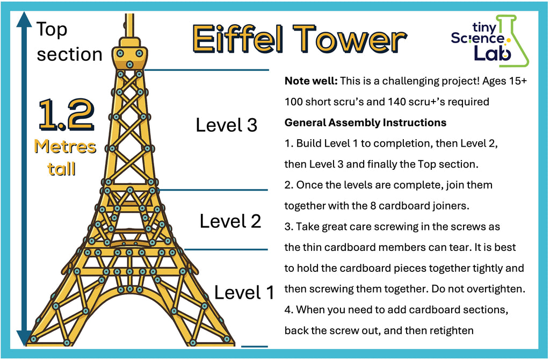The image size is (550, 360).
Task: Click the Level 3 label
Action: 226,125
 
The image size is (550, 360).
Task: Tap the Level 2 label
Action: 230,221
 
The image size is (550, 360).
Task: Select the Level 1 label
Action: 244,292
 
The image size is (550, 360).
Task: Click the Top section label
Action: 69,42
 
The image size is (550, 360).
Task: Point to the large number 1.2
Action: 66,114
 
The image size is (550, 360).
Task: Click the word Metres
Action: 65,147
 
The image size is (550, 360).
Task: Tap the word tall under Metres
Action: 62,169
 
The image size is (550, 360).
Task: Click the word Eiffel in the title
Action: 237,39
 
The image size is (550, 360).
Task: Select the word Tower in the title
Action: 350,39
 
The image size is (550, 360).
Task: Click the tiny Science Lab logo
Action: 490,41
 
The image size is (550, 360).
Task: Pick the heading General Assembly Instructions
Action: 365,123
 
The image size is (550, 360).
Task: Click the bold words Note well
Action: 311,81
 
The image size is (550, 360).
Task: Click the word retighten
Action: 451,330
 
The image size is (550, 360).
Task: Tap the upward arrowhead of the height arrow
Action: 24,19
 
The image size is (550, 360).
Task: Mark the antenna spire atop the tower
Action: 129,25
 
